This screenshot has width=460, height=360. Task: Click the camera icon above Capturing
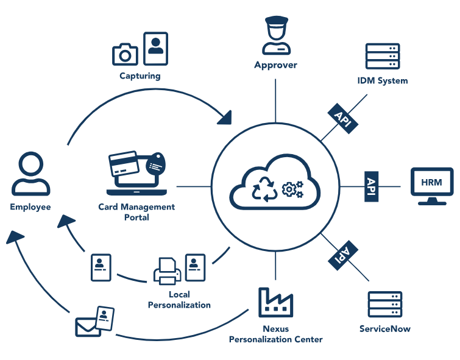click(x=126, y=54)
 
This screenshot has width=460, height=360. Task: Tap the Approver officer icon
click(x=275, y=36)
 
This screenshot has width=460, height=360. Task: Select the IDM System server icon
click(x=382, y=57)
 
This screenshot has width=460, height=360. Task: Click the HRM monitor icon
click(x=432, y=185)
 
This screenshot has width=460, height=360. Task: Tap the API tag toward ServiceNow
click(x=342, y=252)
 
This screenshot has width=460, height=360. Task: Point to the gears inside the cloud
click(x=293, y=189)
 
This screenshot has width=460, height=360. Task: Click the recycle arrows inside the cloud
click(x=265, y=189)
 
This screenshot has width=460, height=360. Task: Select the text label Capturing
click(x=140, y=76)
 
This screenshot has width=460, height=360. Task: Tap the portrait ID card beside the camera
click(x=155, y=48)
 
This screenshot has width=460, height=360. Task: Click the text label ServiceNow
click(x=384, y=329)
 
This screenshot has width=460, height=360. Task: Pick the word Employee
click(x=30, y=207)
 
